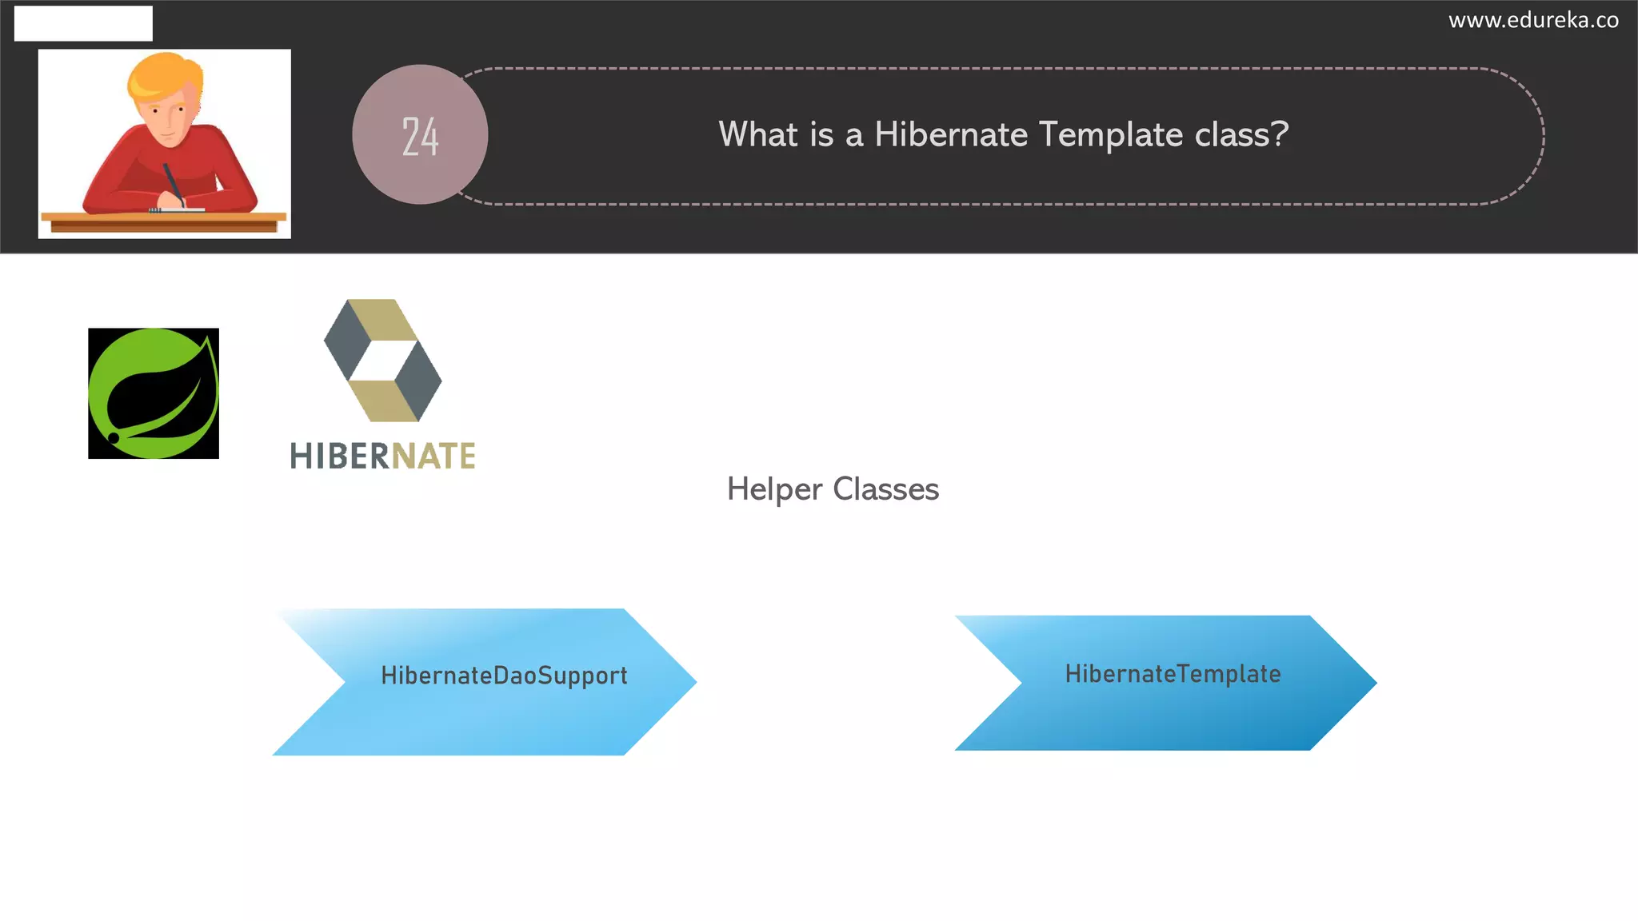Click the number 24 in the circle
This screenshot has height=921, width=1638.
coord(420,136)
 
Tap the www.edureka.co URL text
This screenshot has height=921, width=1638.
coord(1533,20)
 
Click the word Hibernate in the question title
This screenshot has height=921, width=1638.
coord(950,134)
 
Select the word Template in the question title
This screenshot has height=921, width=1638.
coord(1111,134)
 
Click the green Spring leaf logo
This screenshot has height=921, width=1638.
coord(154,393)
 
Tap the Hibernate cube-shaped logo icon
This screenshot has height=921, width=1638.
coord(382,360)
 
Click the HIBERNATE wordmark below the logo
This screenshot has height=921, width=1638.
coord(382,457)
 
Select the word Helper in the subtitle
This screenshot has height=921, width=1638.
coord(773,489)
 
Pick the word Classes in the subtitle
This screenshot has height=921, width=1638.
coord(885,489)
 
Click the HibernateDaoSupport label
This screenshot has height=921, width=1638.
coord(504,676)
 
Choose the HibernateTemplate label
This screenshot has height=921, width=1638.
coord(1173,674)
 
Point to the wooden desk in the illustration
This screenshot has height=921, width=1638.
coord(164,221)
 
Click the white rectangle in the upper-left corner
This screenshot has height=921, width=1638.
coord(83,23)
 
